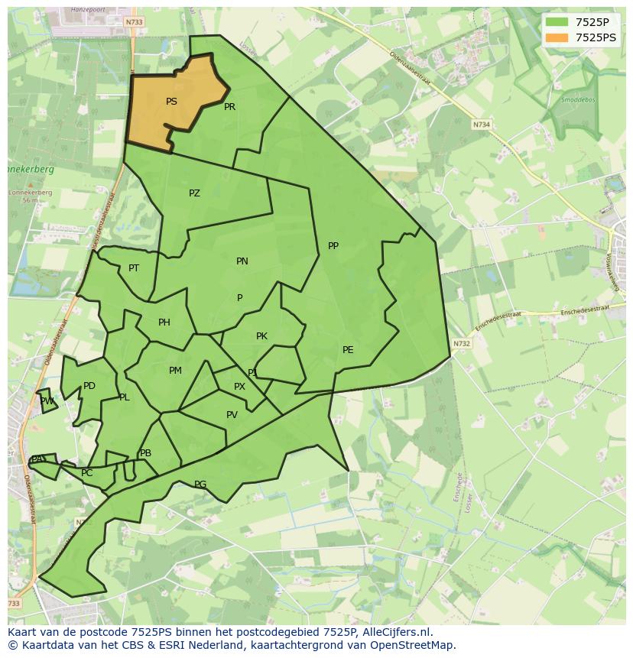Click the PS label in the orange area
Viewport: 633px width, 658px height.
171,102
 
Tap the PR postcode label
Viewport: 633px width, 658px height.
229,107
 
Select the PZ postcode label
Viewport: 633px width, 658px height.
194,193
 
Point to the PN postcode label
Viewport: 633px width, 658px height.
242,261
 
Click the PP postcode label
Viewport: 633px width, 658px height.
333,246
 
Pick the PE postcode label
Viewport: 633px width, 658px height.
348,350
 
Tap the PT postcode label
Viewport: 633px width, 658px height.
134,268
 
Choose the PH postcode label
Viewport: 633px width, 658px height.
164,323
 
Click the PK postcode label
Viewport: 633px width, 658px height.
261,336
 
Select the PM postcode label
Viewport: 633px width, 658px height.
175,371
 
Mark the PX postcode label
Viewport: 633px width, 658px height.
239,387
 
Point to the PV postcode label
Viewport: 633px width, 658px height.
232,415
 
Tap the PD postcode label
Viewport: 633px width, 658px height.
89,386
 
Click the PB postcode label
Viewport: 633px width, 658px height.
145,453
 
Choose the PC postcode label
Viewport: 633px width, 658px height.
86,473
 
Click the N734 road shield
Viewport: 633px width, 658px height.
481,125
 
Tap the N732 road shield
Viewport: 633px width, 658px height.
461,344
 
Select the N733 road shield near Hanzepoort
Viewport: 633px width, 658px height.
134,22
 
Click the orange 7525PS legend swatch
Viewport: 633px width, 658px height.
557,37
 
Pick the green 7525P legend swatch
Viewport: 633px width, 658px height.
557,22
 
